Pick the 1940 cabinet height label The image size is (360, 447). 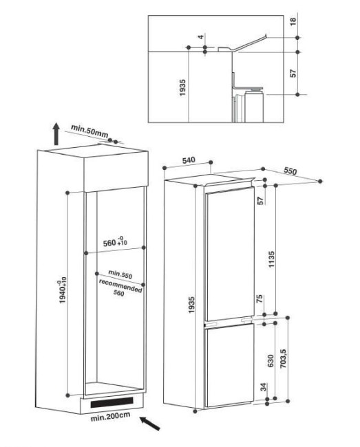pos(64,292)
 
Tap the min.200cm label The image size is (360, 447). pos(109,417)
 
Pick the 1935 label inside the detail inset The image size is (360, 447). pos(182,86)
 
